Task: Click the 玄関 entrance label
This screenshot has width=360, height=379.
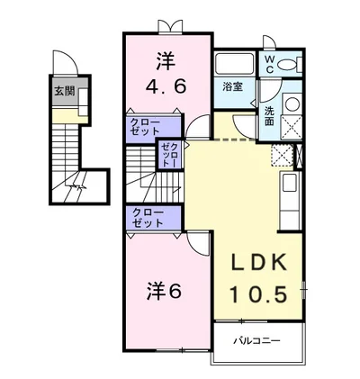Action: click(64, 91)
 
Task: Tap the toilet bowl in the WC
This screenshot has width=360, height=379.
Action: click(286, 65)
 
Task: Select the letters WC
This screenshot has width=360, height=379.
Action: click(269, 64)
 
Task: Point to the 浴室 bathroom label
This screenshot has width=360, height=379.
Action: click(232, 87)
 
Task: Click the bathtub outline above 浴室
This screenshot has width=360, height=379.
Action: click(234, 63)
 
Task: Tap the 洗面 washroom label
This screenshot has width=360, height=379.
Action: click(269, 116)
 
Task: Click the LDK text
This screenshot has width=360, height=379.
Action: click(257, 263)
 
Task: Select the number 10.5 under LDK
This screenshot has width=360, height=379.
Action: click(258, 293)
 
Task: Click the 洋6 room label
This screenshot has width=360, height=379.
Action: click(164, 291)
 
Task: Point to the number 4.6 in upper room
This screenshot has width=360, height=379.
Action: click(166, 86)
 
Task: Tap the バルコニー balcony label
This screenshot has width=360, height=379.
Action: click(257, 341)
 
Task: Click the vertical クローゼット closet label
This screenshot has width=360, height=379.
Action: click(170, 155)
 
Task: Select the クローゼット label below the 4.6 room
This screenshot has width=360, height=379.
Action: click(145, 127)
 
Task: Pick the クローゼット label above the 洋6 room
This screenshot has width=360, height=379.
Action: click(148, 218)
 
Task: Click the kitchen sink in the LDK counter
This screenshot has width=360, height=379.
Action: click(290, 183)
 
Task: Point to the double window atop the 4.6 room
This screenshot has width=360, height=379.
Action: click(170, 26)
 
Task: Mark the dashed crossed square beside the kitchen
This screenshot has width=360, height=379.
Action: click(282, 155)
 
